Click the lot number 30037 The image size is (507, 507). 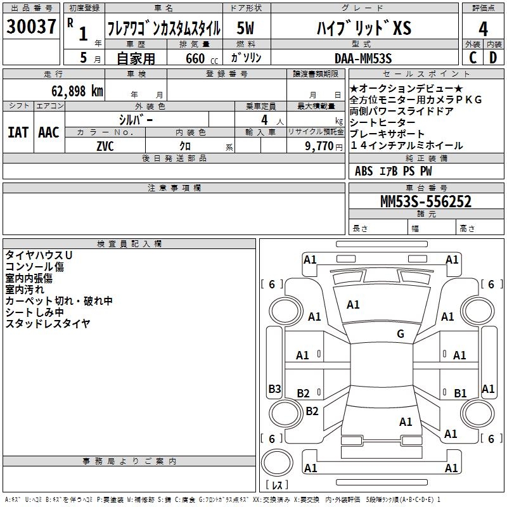point(31,27)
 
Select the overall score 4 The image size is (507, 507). point(483,29)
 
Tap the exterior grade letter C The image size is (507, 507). point(473,58)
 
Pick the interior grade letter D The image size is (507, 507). point(493,58)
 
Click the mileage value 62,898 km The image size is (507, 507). point(77,91)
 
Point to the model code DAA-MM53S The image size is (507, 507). point(363,58)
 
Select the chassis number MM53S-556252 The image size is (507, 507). point(426,202)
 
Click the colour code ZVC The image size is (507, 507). point(105,146)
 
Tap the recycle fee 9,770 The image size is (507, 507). point(319,146)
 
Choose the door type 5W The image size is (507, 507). point(245,28)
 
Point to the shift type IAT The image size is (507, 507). point(18,132)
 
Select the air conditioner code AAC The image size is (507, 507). point(49,132)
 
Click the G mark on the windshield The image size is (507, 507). point(401,333)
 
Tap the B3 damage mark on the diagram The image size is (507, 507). point(274,388)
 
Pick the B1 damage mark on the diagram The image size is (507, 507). point(460,393)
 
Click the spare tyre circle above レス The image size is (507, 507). point(277,463)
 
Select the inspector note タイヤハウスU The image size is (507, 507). point(39,255)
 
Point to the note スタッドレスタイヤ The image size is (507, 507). point(48,323)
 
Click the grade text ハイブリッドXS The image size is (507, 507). point(364,28)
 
